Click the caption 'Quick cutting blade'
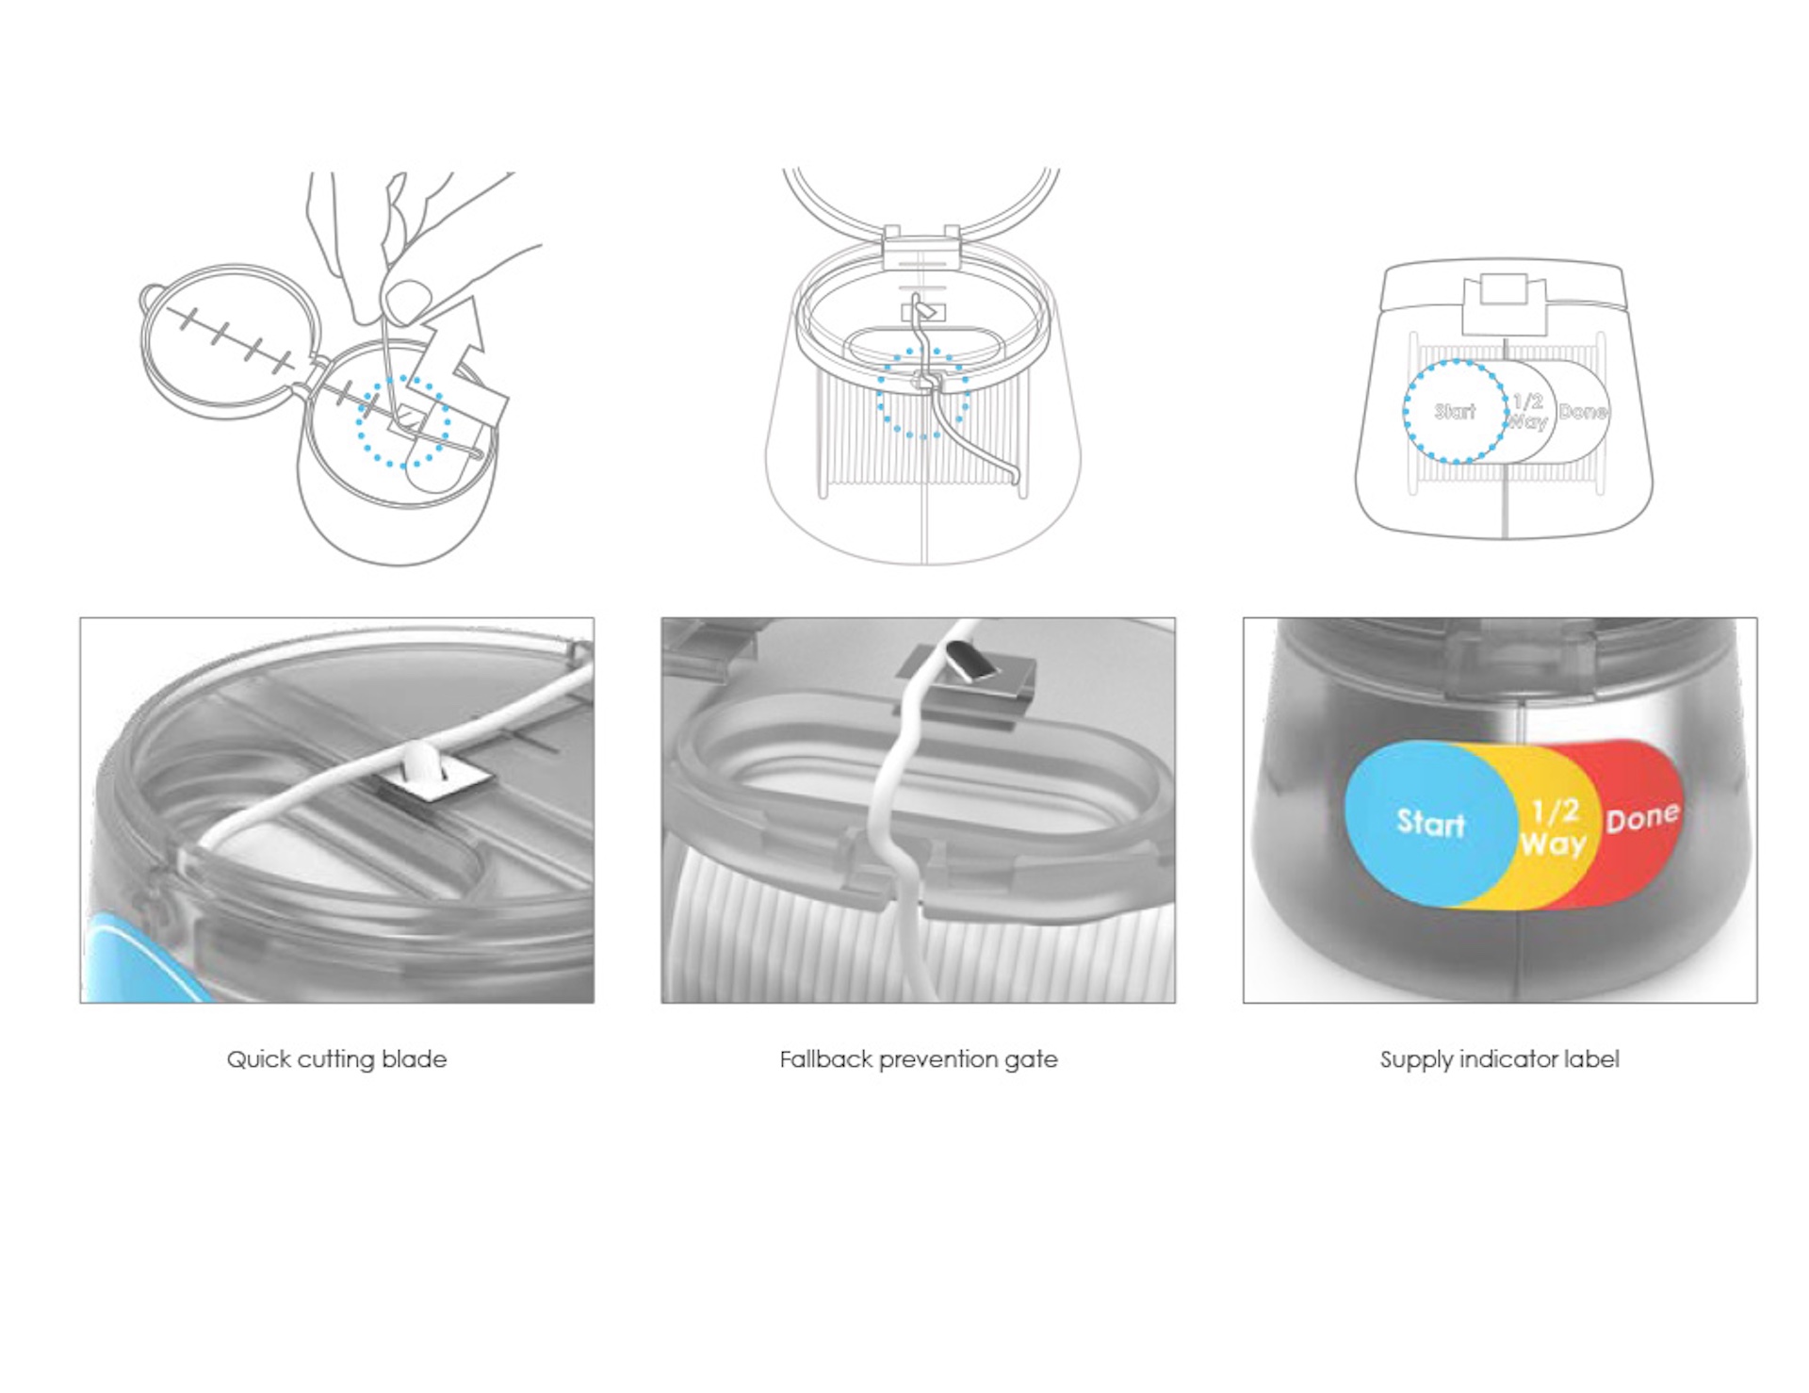[x=336, y=1059]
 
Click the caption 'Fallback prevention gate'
[x=919, y=1059]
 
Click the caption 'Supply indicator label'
[x=1500, y=1059]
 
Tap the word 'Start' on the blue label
[x=1430, y=822]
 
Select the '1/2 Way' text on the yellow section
[x=1554, y=827]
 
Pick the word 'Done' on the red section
[x=1642, y=816]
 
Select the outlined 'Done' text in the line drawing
[x=1583, y=412]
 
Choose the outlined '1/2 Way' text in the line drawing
[x=1527, y=412]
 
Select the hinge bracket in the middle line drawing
[x=921, y=247]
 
